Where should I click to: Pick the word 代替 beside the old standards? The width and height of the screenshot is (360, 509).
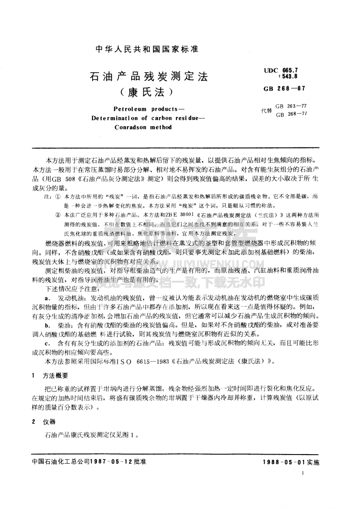pos(266,110)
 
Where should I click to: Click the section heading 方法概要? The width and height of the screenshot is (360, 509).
pos(55,376)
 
